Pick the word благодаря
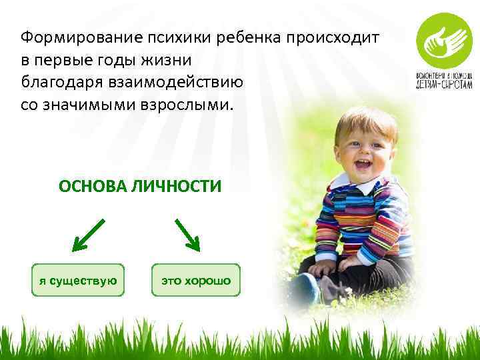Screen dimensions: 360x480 [x=56, y=83]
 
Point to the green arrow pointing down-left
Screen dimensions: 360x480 [x=87, y=234]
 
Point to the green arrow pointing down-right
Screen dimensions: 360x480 [x=188, y=234]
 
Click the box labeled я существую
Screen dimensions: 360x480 [x=79, y=280]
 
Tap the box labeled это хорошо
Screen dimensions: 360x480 [x=195, y=280]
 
